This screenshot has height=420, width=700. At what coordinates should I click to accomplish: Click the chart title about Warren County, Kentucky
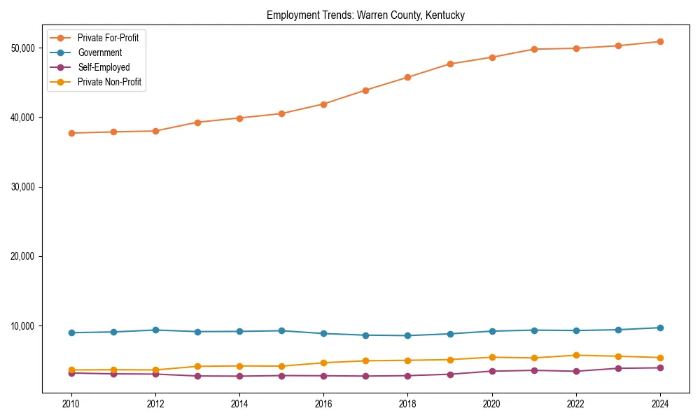(365, 15)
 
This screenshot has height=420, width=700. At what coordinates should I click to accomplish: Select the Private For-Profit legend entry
(108, 38)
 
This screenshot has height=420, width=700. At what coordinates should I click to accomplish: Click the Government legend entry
(99, 52)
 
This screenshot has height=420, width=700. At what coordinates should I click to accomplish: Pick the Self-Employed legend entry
(104, 67)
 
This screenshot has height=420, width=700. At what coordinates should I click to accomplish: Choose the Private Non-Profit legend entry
(109, 82)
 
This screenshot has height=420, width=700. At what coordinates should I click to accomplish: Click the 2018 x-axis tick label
(407, 404)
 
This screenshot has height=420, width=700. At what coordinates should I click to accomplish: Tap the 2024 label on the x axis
(660, 404)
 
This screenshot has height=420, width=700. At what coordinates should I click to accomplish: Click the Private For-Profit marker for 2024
(660, 41)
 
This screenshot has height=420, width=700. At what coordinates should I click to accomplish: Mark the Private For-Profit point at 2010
(71, 133)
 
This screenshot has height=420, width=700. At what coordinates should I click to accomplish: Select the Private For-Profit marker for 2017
(365, 90)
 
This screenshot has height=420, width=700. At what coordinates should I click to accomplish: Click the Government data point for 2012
(155, 330)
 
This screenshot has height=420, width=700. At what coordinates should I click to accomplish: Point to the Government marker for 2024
(660, 328)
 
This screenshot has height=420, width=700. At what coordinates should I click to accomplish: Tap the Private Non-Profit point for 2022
(576, 355)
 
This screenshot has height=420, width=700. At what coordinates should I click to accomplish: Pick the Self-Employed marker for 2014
(239, 376)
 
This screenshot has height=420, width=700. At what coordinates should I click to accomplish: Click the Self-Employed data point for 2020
(491, 371)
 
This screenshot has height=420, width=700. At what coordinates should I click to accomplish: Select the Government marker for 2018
(407, 335)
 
